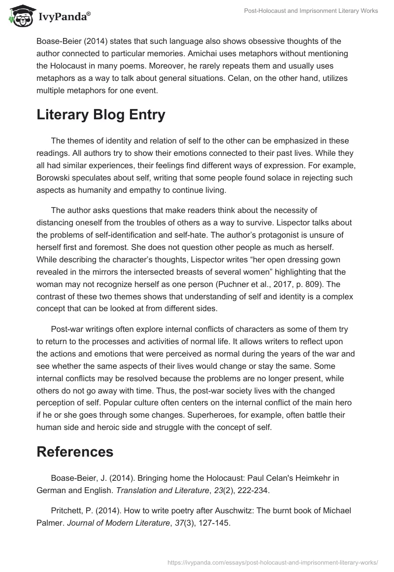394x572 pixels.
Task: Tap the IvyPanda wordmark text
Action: pyautogui.click(x=63, y=17)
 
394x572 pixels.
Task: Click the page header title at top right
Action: pyautogui.click(x=311, y=11)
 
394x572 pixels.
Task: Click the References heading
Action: pyautogui.click(x=75, y=451)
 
